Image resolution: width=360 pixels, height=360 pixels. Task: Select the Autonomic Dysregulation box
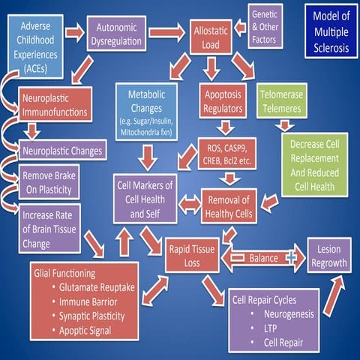click(x=115, y=34)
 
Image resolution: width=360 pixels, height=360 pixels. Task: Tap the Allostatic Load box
click(x=211, y=35)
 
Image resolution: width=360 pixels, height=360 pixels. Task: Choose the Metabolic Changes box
click(x=147, y=111)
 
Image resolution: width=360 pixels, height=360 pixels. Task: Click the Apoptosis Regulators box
click(x=223, y=103)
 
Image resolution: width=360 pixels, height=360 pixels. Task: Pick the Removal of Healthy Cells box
click(x=228, y=205)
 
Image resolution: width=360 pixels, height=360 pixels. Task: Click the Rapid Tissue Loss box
click(x=192, y=256)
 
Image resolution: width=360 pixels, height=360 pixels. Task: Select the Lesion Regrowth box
click(x=327, y=255)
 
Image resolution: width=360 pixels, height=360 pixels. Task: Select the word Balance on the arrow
click(x=262, y=256)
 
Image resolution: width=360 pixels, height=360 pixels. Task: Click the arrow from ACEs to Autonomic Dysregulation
click(x=75, y=32)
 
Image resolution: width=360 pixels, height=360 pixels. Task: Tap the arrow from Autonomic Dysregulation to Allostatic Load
click(x=166, y=33)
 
